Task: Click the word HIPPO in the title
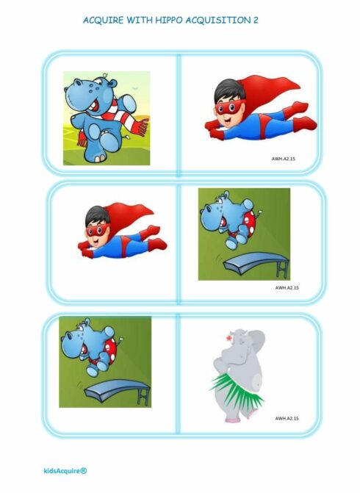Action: pos(168,20)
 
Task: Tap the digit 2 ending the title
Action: pos(256,20)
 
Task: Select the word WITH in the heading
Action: pos(139,20)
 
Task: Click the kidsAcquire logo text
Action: pos(65,471)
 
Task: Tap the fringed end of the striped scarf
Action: pos(141,126)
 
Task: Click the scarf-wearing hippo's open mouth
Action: pos(94,106)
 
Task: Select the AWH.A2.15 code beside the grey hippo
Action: pos(287,419)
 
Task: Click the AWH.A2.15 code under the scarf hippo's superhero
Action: pos(284,159)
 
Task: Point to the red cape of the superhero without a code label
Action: pos(132,216)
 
